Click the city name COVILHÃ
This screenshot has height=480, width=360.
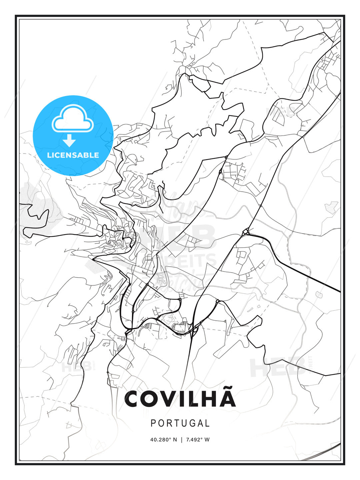click(x=180, y=399)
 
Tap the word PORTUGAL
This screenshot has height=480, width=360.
click(x=180, y=423)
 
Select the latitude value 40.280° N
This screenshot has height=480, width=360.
click(x=164, y=440)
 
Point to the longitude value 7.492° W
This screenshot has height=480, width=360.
click(x=198, y=440)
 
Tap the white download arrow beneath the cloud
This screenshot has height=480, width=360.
click(x=69, y=141)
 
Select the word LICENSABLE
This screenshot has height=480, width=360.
click(x=73, y=155)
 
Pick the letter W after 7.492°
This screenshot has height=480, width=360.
click(x=207, y=440)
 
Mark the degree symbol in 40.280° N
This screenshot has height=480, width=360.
click(x=170, y=438)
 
